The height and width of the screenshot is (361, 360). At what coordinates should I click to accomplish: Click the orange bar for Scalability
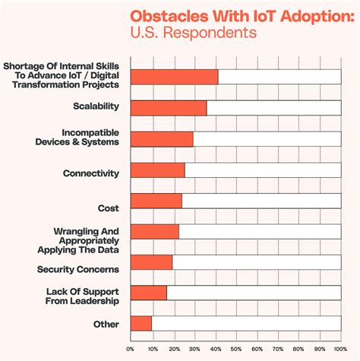click(x=169, y=107)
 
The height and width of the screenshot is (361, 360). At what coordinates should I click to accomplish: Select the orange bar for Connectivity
click(x=158, y=169)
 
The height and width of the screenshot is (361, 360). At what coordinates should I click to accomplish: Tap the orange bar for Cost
click(x=156, y=201)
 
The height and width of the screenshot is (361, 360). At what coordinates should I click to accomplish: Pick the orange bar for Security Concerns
click(x=152, y=262)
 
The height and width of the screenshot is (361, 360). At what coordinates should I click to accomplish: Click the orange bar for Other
click(x=141, y=324)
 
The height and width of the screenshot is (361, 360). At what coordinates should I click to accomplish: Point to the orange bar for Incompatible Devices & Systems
click(x=162, y=138)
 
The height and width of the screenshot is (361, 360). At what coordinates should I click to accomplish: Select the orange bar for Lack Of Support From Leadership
click(x=149, y=293)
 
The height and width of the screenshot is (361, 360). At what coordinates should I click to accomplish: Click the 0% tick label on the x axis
click(x=131, y=349)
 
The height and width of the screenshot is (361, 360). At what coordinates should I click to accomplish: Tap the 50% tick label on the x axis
click(x=236, y=349)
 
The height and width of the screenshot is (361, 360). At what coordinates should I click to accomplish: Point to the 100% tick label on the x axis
click(x=341, y=349)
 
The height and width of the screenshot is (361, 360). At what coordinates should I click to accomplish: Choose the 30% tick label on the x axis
click(x=194, y=349)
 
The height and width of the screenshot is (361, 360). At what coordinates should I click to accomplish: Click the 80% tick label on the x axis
click(x=299, y=349)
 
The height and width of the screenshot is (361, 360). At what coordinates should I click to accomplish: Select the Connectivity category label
click(x=91, y=173)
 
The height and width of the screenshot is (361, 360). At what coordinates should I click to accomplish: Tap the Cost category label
click(x=109, y=207)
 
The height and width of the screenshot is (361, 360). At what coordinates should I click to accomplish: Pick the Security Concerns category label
click(x=78, y=269)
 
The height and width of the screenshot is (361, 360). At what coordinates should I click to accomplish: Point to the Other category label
click(x=106, y=325)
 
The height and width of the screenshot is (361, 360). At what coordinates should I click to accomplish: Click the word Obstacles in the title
click(x=163, y=17)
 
